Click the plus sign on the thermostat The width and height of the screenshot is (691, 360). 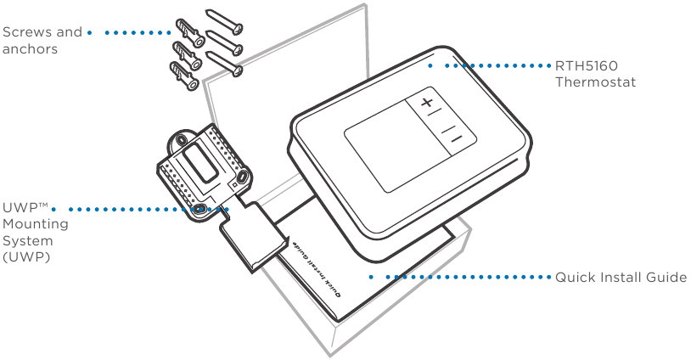click(426, 103)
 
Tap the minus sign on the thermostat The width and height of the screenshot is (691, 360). click(456, 139)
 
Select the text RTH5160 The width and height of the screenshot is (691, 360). click(586, 66)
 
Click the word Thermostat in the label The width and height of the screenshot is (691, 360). click(595, 82)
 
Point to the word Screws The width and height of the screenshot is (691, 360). click(27, 32)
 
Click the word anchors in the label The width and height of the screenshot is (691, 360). click(30, 49)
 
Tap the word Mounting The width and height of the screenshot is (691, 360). click(36, 224)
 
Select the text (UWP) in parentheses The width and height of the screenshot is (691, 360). click(26, 257)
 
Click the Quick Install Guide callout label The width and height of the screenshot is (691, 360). click(621, 277)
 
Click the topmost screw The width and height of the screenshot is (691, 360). click(225, 22)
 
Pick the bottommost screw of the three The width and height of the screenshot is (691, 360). click(225, 64)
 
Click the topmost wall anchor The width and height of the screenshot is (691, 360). click(190, 32)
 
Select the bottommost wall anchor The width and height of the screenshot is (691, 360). click(183, 76)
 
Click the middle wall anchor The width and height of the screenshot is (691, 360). click(187, 55)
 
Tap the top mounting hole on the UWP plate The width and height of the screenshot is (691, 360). click(181, 140)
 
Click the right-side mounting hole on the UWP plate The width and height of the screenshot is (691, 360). click(243, 177)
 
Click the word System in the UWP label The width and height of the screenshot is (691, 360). click(27, 241)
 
